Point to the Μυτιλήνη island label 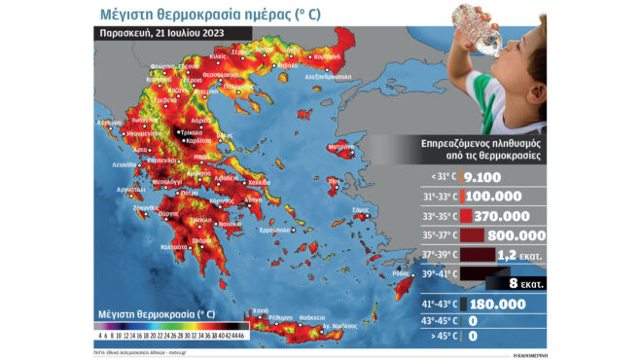339,146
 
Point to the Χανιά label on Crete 260,309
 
